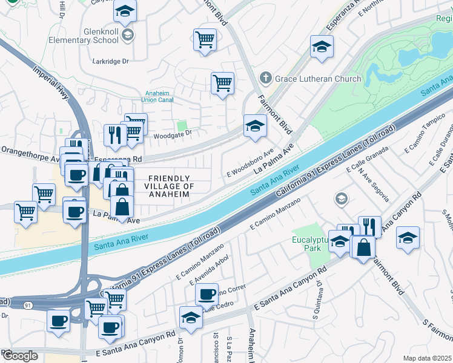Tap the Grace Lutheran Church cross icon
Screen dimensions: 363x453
point(265,78)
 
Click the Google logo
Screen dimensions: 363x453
point(19,356)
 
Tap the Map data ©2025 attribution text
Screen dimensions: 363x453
point(426,358)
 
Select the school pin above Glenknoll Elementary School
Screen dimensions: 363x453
point(125,13)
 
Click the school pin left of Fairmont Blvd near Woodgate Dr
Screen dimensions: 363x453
point(256,127)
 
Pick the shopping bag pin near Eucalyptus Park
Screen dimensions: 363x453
point(364,247)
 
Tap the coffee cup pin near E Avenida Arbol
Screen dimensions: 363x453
point(207,295)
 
